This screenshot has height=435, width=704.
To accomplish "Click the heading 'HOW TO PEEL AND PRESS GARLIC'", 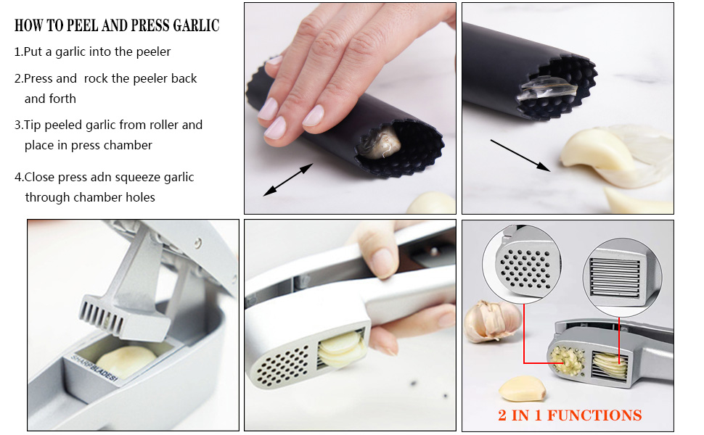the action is pyautogui.click(x=117, y=25).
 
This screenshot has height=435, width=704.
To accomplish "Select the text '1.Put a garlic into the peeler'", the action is pyautogui.click(x=92, y=51).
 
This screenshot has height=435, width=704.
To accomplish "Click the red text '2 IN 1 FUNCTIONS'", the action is pyautogui.click(x=570, y=415).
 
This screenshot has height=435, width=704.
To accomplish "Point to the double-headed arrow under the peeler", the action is pyautogui.click(x=288, y=180).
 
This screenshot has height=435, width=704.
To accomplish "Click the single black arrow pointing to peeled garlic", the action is pyautogui.click(x=520, y=156).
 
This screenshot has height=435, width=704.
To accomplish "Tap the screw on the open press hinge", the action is pyautogui.click(x=198, y=244).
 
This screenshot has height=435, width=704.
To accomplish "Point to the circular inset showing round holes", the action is pyautogui.click(x=522, y=265).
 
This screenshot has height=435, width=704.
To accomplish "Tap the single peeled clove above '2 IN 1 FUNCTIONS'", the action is pyautogui.click(x=522, y=389).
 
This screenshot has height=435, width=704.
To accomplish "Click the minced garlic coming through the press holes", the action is pyautogui.click(x=567, y=360).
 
